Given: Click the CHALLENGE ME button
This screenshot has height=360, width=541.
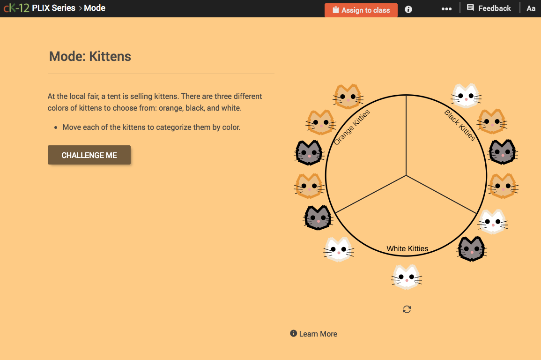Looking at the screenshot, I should pos(89,155).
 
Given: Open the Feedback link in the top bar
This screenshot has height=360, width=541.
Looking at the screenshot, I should pos(489,8).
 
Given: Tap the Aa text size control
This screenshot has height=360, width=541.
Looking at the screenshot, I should pos(531,8).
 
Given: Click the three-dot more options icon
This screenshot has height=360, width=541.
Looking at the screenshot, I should pos(446,9).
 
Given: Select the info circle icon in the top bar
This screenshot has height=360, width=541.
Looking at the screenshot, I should pos(408,9).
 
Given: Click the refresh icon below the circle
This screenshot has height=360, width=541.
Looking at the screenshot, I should pos(407,309).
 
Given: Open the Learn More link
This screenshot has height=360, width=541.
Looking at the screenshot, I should pos(318,334).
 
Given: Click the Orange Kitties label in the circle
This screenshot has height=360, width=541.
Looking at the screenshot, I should pos(352,127).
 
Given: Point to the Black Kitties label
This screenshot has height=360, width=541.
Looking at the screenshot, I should pos(459,125).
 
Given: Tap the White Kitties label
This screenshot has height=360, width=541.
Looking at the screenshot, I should pos(407,248).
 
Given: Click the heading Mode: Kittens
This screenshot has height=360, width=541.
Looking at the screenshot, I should pos(90,57).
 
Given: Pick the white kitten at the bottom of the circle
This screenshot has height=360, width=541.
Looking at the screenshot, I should pos(407,277).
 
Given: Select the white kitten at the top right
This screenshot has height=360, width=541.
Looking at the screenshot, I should pos(466,96).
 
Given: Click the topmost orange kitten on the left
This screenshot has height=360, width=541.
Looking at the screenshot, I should pos(348,97).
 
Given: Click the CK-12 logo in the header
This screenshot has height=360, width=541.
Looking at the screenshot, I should pos(16,8).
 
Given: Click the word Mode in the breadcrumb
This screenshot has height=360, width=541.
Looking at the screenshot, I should pos(95,8).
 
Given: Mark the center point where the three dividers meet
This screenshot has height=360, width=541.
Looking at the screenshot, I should pos(406,176).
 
